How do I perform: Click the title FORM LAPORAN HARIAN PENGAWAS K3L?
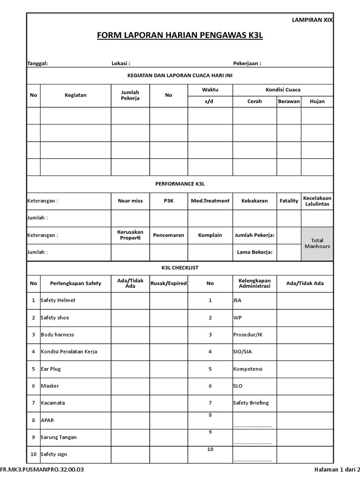[180, 36]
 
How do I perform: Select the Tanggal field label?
[37, 63]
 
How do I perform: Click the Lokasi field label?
[120, 63]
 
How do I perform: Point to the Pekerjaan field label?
[247, 63]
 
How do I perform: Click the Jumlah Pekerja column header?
[130, 95]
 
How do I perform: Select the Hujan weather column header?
[317, 101]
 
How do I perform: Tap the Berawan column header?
[288, 101]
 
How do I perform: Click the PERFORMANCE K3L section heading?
[180, 184]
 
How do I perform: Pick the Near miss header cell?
[130, 201]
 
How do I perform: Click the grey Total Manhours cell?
[317, 243]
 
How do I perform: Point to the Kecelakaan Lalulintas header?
[317, 201]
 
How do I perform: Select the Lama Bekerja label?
[255, 252]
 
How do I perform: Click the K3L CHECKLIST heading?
[180, 268]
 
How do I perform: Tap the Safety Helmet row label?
[58, 300]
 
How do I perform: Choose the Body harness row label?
[57, 335]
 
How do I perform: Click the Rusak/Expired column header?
[168, 283]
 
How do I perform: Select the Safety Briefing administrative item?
[251, 403]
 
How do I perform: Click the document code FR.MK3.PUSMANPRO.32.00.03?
[42, 469]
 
